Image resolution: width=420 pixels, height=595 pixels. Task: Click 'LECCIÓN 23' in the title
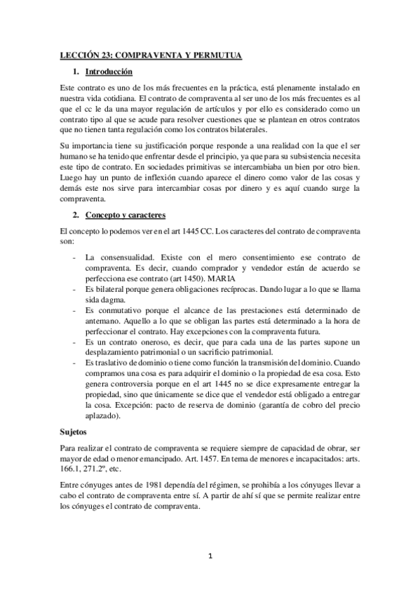[83, 54]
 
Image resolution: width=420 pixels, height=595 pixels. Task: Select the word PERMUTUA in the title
[213, 54]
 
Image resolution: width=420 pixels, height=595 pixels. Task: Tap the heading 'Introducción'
[108, 72]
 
